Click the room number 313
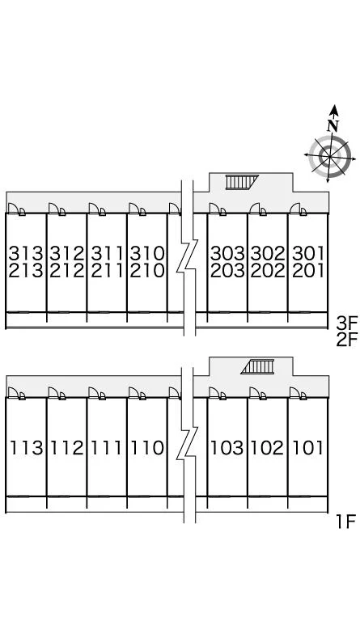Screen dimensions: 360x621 coord(26,253)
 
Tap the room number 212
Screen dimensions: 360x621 coord(67,271)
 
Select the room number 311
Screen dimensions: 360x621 coord(107,253)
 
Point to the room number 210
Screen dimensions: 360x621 coord(147,271)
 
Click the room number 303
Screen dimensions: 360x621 coord(227,253)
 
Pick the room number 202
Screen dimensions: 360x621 coord(268,271)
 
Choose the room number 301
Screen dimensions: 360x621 coord(308,253)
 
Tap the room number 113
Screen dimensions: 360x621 coord(26,448)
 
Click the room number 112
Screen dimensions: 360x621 coord(67,448)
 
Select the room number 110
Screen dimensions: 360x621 coord(147,448)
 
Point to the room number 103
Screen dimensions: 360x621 coord(227,448)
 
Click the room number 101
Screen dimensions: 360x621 coord(307,448)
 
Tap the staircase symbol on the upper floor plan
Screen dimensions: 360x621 coord(242,182)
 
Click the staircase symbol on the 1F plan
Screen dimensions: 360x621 coord(257,366)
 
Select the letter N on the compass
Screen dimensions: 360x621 coord(333,125)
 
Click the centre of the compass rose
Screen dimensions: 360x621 coord(329,155)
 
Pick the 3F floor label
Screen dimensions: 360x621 coord(347,323)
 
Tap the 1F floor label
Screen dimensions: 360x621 coord(346,522)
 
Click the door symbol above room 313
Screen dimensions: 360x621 coord(17,209)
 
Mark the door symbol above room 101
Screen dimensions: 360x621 coord(299,393)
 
